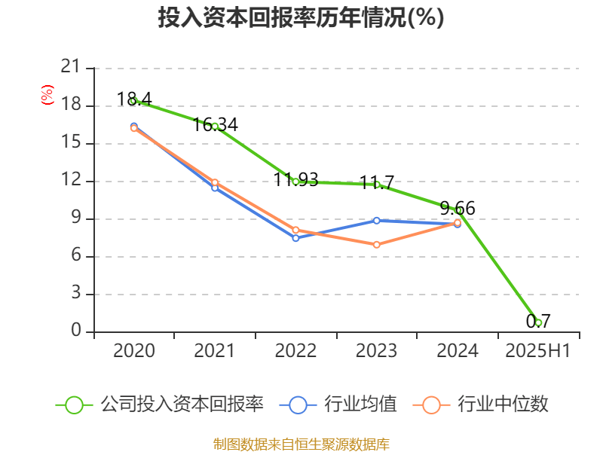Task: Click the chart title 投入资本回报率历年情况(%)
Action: (301, 18)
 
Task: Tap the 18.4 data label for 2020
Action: (134, 99)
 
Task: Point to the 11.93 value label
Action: (295, 180)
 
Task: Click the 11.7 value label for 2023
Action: (376, 183)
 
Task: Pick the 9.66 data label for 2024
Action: (458, 209)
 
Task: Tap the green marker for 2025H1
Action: (538, 322)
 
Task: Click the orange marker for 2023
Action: (376, 245)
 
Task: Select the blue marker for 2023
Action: (376, 220)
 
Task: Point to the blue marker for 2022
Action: (295, 237)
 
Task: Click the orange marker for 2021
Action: (215, 182)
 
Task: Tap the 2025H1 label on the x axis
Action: (538, 351)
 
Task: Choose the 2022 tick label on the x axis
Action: (295, 351)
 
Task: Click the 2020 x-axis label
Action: (134, 351)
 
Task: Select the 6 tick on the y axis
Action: (75, 256)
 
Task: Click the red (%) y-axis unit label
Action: (47, 94)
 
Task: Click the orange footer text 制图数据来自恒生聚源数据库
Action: (301, 444)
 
